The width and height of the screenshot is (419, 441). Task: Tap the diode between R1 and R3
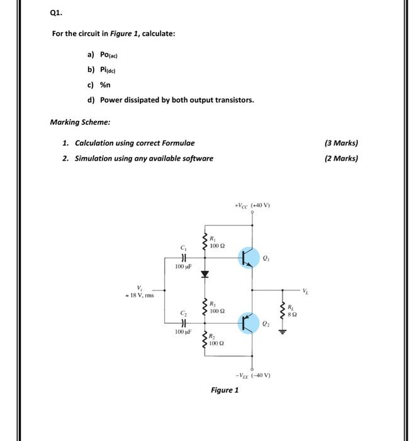coord(204,275)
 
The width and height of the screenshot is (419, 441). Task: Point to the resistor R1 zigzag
coord(204,242)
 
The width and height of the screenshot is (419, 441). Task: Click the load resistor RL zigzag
coord(282,309)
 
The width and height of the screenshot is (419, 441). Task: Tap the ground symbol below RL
coord(282,333)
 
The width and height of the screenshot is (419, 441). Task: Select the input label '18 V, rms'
coord(143,295)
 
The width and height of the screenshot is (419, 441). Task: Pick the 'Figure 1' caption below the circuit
coord(225,391)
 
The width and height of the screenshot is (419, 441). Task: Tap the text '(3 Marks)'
coord(340,143)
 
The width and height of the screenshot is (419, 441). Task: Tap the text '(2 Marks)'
coord(340,158)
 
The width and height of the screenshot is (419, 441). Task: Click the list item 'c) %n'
coord(95,85)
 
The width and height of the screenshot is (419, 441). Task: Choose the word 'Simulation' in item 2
coord(94,158)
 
